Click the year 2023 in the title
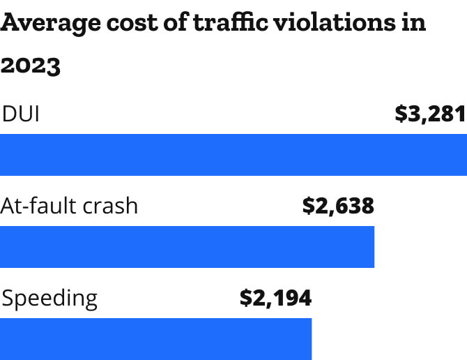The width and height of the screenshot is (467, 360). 31,66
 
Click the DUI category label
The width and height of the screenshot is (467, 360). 21,114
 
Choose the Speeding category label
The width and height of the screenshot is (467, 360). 49,299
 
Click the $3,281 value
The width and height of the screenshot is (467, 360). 430,114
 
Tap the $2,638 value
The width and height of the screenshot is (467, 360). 338,206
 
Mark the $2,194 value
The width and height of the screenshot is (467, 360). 275,299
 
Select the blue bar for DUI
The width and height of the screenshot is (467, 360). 233,155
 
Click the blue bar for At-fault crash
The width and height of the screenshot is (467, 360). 187,247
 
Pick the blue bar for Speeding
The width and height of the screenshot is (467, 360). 155,339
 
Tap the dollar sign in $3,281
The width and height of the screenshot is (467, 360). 401,114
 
